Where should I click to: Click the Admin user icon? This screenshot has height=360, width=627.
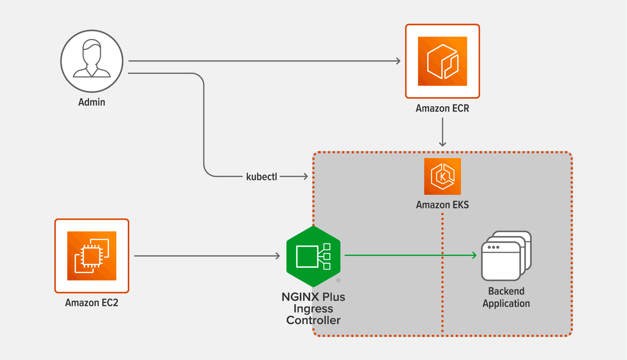[92, 61]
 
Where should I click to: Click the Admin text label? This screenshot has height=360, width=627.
[92, 102]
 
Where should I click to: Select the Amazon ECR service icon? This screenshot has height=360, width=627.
[442, 61]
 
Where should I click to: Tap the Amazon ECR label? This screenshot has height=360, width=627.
[442, 109]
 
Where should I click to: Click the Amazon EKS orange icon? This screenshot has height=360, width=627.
[442, 176]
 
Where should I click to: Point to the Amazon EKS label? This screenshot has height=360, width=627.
[442, 205]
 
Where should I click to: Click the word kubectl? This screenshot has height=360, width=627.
[261, 177]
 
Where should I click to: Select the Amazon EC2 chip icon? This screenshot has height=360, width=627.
[92, 256]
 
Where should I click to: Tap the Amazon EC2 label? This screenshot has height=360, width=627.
[92, 303]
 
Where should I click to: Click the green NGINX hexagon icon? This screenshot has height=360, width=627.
[313, 256]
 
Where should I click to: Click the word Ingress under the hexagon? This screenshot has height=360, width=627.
[313, 309]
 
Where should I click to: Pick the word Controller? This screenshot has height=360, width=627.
[313, 320]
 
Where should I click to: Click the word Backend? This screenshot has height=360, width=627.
[506, 291]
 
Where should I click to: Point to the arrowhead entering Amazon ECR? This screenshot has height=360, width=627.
[398, 61]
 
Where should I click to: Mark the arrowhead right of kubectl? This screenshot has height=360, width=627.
[305, 177]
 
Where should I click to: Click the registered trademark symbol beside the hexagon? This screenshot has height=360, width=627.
[338, 280]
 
